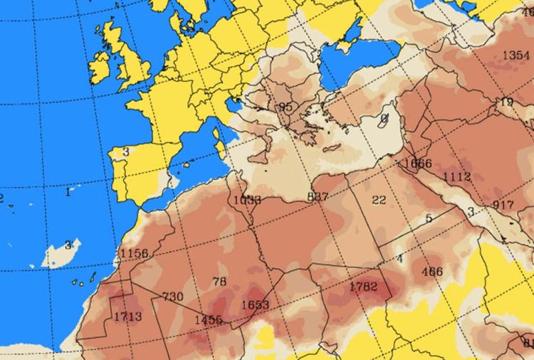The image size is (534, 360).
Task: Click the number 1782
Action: (362, 287)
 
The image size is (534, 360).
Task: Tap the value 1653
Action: (255, 305)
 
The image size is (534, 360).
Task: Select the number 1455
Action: (209, 320)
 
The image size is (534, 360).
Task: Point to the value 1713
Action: (127, 316)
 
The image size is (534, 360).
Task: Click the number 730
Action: (173, 297)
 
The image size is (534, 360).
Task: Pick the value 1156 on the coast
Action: (134, 253)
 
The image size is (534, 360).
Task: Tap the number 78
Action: (219, 282)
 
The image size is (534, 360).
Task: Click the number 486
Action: (432, 271)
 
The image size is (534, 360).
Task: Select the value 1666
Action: (417, 163)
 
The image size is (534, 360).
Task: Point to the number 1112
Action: (456, 176)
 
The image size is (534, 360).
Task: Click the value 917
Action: (503, 205)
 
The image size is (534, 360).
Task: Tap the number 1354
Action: (515, 55)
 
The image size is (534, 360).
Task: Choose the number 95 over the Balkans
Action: (286, 107)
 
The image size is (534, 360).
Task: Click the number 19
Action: (506, 102)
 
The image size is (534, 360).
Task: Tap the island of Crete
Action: (333, 149)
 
